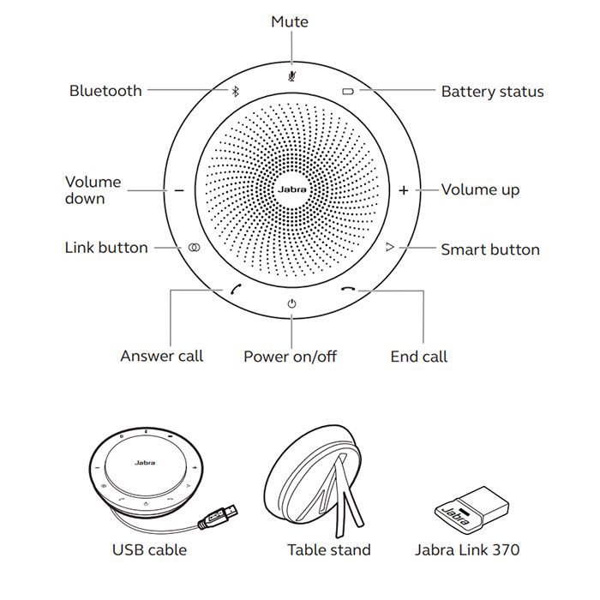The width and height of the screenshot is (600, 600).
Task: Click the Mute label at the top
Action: tap(290, 21)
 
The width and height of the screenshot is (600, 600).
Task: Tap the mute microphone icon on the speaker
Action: tap(291, 75)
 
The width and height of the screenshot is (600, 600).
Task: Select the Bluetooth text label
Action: tap(105, 91)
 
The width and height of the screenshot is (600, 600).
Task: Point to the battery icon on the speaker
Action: tap(348, 91)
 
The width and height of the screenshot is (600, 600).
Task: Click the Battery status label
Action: tap(492, 92)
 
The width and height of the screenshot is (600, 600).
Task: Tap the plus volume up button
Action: tap(404, 189)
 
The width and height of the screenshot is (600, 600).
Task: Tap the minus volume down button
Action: tap(179, 189)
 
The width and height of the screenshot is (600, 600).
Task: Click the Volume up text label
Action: tap(480, 189)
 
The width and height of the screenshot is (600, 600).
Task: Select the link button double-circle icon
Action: tap(195, 248)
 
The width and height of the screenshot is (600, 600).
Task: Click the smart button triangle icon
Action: tap(389, 248)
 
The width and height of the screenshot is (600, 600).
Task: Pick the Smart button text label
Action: tap(490, 250)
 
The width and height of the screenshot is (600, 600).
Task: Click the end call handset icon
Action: tap(347, 289)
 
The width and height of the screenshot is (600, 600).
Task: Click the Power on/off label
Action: tap(290, 357)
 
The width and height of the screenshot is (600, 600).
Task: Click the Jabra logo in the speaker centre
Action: tap(291, 189)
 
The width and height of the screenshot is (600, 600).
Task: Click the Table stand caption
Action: tap(329, 550)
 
